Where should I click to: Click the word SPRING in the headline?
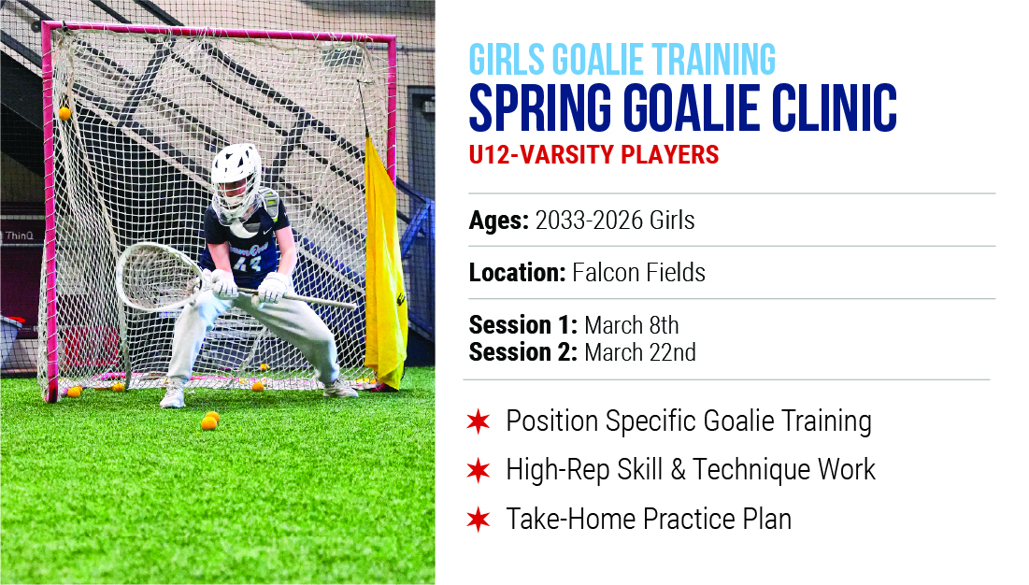pyautogui.click(x=540, y=107)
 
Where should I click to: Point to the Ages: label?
pyautogui.click(x=499, y=221)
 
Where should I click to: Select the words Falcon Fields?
pyautogui.click(x=638, y=272)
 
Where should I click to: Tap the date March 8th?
pyautogui.click(x=631, y=325)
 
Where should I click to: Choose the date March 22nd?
pyautogui.click(x=640, y=352)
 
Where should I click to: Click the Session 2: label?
pyautogui.click(x=523, y=352)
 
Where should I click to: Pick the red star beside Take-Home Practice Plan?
pyautogui.click(x=479, y=519)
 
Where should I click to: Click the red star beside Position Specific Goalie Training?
pyautogui.click(x=479, y=421)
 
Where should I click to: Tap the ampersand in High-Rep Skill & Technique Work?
pyautogui.click(x=678, y=469)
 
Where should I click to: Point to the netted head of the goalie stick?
pyautogui.click(x=159, y=277)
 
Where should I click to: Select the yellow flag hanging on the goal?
pyautogui.click(x=385, y=263)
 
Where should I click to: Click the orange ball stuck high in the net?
pyautogui.click(x=64, y=113)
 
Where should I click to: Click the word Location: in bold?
pyautogui.click(x=517, y=272)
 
